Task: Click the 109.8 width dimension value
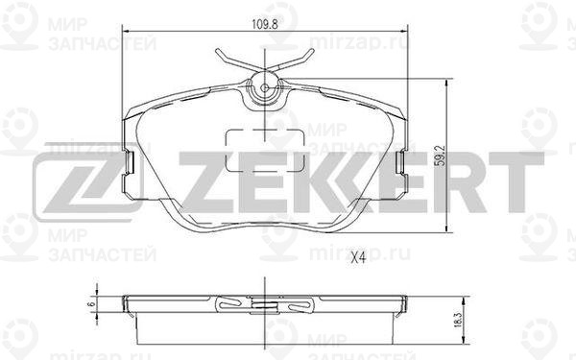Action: click(x=265, y=24)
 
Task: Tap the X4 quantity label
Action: click(x=358, y=258)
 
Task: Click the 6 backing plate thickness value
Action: click(x=92, y=304)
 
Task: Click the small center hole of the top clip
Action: click(x=265, y=88)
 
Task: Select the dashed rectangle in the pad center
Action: click(x=265, y=150)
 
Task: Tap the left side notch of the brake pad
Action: click(x=130, y=161)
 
